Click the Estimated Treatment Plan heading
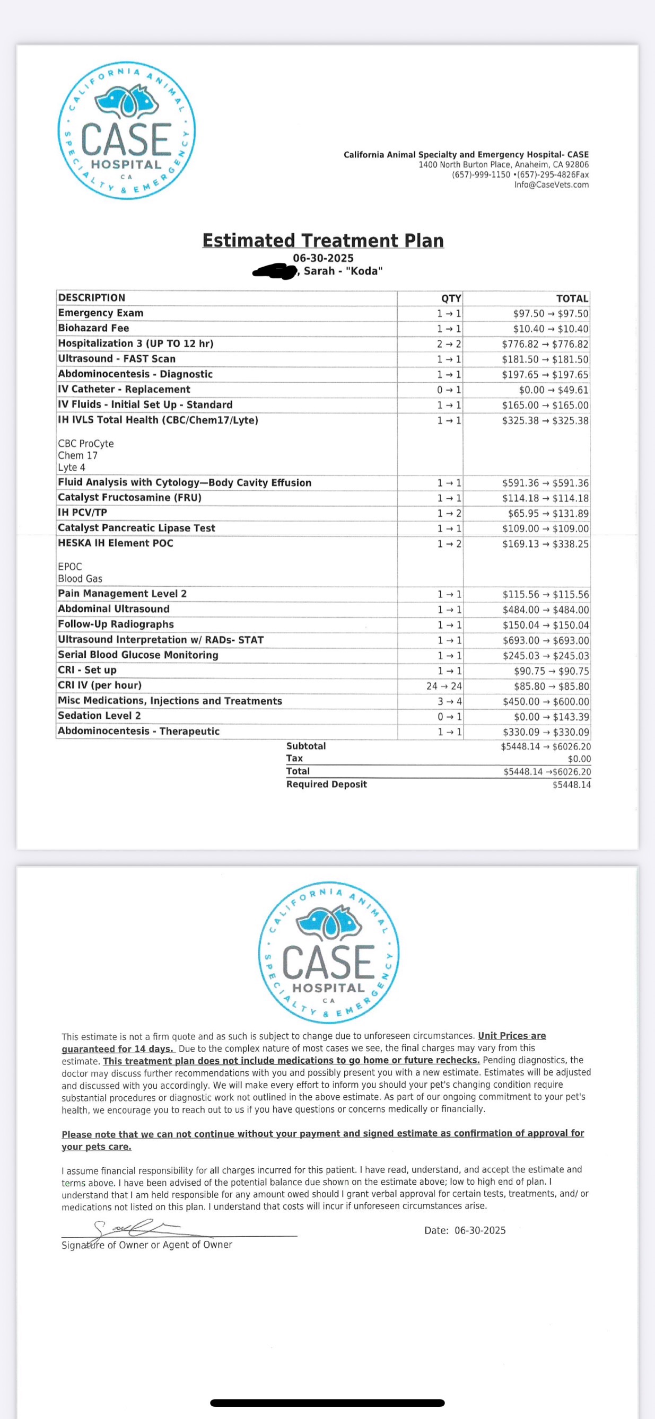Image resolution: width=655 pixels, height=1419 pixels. (323, 241)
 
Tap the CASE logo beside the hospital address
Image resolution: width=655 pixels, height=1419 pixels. (127, 130)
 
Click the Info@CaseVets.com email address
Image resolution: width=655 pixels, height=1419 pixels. (552, 184)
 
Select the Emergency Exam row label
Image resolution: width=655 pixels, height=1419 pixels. (101, 313)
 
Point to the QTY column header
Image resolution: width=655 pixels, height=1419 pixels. (451, 298)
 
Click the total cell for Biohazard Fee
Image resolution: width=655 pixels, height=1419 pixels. (550, 329)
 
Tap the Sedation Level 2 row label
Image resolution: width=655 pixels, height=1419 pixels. (99, 716)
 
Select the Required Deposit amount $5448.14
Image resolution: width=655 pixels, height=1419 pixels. (571, 785)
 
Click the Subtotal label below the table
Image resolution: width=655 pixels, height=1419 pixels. (306, 746)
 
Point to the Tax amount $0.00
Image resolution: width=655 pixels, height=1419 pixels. (579, 759)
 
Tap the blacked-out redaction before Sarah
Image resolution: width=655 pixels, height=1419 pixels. (275, 271)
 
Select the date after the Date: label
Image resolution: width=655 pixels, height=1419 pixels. (479, 1231)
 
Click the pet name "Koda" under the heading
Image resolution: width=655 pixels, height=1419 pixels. (364, 271)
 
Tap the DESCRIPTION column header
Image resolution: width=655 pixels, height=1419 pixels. (92, 297)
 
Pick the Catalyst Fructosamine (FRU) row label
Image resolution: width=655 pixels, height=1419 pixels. (129, 497)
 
